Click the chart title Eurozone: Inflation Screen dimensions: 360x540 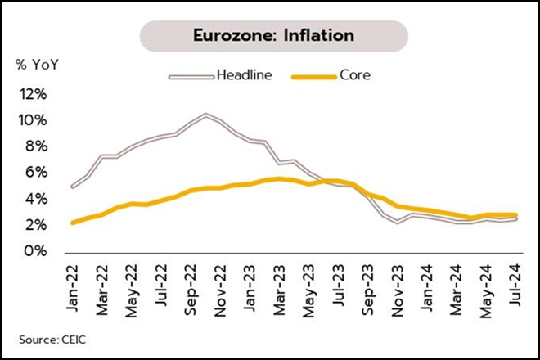point(273,36)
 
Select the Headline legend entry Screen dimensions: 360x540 point(238,75)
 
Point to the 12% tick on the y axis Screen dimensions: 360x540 point(29,94)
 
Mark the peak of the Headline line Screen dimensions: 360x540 point(205,115)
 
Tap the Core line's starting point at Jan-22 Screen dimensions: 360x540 point(74,222)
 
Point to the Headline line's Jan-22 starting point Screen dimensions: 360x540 point(74,187)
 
